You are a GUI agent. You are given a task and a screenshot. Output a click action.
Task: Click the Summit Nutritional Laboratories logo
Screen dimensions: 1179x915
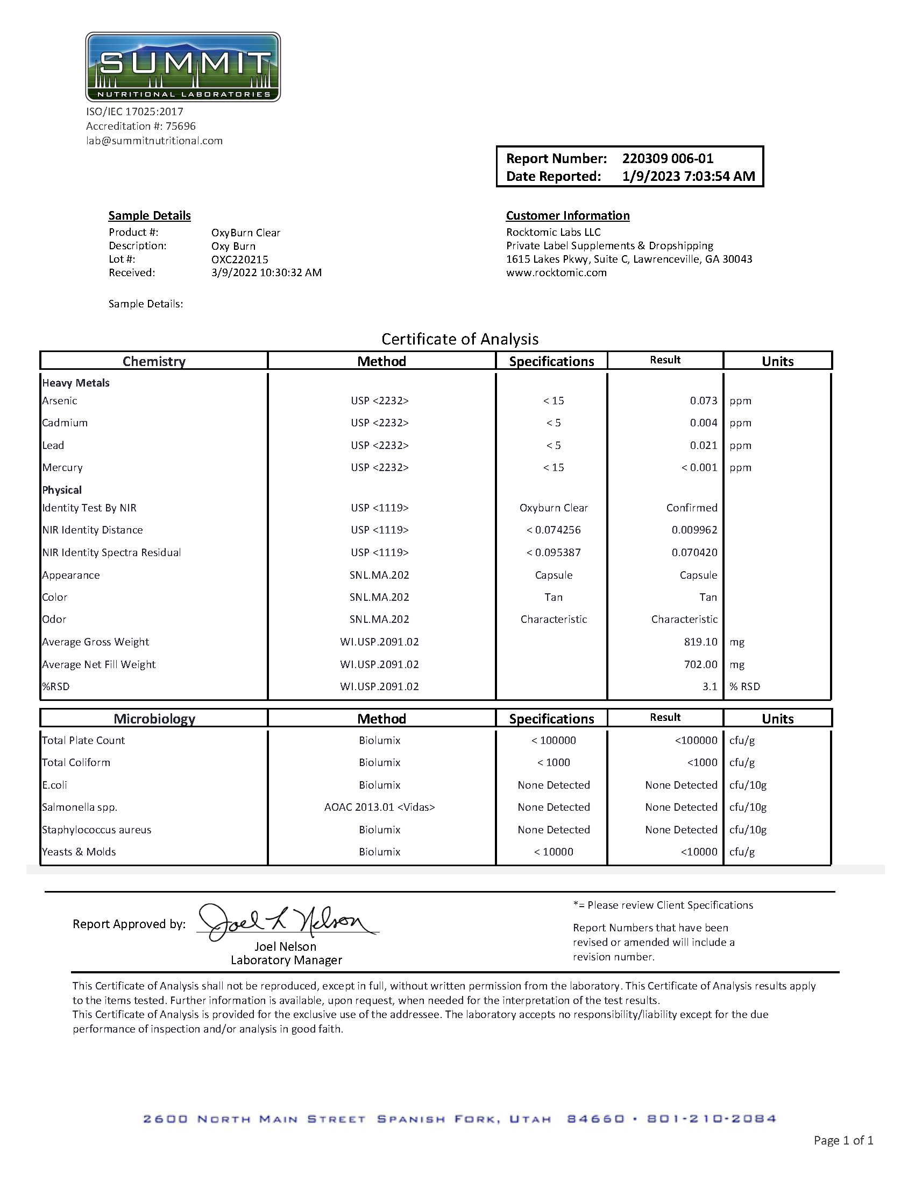point(183,67)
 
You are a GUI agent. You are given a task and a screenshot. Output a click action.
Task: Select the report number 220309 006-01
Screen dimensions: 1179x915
point(668,159)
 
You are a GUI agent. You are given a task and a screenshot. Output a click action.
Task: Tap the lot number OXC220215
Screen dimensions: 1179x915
point(239,259)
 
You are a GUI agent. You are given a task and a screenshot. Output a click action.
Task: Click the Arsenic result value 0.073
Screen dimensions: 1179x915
point(703,401)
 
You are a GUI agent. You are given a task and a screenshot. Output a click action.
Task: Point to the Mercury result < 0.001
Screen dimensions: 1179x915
point(699,467)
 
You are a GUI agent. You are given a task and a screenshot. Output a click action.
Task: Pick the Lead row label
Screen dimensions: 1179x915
point(53,445)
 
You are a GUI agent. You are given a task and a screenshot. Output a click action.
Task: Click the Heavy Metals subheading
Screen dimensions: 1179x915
point(75,383)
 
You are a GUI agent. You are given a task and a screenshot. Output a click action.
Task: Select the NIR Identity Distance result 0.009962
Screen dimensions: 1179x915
point(694,530)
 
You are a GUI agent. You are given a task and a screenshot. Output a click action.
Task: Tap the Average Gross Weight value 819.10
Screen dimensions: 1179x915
point(701,642)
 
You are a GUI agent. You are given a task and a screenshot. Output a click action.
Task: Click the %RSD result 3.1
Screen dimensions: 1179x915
point(710,686)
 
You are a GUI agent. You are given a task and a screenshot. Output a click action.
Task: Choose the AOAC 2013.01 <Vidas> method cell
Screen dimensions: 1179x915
point(379,807)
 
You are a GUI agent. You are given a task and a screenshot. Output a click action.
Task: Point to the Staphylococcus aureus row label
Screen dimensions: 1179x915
point(97,830)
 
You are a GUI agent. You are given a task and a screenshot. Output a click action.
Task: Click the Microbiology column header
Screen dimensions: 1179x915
point(154,719)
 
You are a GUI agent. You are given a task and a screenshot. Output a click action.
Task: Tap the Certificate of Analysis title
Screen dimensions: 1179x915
point(460,339)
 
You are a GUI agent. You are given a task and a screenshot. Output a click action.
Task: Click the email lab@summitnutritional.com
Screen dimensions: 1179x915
point(154,141)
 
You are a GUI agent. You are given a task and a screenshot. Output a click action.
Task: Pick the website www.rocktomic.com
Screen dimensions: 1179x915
point(556,272)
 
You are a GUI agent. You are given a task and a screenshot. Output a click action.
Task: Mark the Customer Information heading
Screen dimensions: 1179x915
point(568,216)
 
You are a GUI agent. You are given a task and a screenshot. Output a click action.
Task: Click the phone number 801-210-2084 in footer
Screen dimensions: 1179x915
point(711,1119)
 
